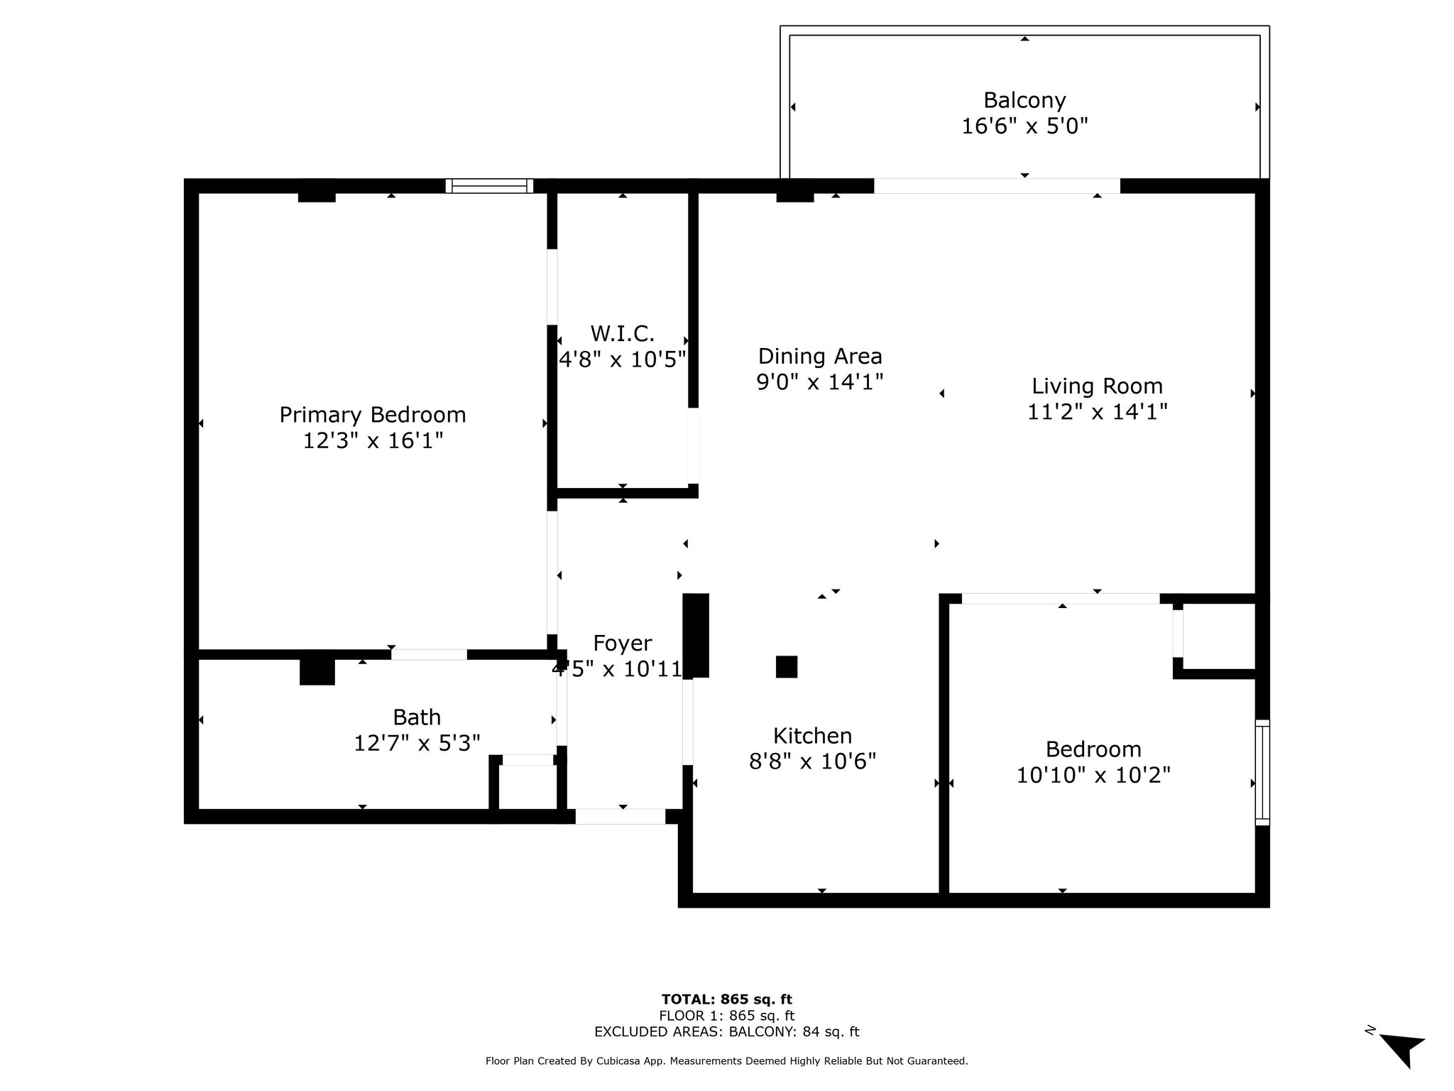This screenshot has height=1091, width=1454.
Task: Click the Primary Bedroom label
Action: click(x=373, y=415)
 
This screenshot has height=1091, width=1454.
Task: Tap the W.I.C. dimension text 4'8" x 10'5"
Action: click(x=623, y=359)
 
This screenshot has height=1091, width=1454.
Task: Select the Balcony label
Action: click(x=1024, y=100)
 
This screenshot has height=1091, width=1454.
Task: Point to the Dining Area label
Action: click(x=820, y=356)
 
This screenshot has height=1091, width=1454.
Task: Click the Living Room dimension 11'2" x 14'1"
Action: click(x=1098, y=412)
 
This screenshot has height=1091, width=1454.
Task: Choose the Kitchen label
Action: click(x=812, y=735)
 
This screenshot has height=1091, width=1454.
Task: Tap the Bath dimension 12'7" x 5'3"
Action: click(x=417, y=743)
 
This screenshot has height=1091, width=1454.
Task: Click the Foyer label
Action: click(x=623, y=643)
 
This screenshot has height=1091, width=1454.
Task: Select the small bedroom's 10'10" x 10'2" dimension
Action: click(x=1093, y=775)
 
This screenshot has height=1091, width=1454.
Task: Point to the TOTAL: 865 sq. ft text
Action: click(x=727, y=1000)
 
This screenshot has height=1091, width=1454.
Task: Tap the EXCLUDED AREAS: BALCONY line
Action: click(x=727, y=1032)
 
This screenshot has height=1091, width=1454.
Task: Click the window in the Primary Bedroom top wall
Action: click(x=490, y=186)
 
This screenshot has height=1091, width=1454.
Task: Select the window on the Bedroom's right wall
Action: click(x=1262, y=772)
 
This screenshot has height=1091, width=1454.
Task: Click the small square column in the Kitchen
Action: click(x=787, y=667)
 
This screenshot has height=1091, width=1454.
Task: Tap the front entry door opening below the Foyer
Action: click(x=621, y=817)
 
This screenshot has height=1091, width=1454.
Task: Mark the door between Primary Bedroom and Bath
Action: click(x=429, y=654)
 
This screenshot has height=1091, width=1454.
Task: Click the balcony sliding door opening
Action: click(x=997, y=186)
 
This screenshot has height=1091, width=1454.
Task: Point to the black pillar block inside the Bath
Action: click(x=317, y=672)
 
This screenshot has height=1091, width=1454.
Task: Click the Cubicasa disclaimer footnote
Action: click(x=727, y=1061)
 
